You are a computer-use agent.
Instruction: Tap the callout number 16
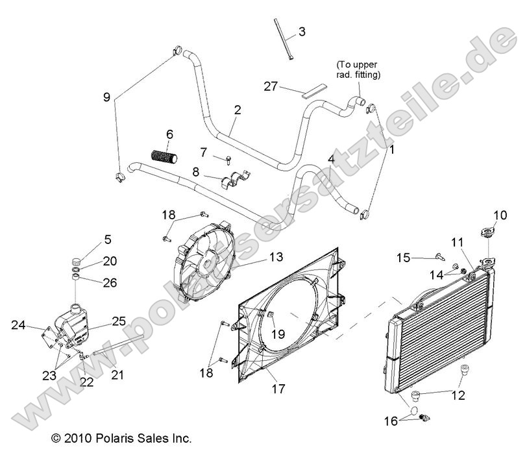[390, 421]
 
